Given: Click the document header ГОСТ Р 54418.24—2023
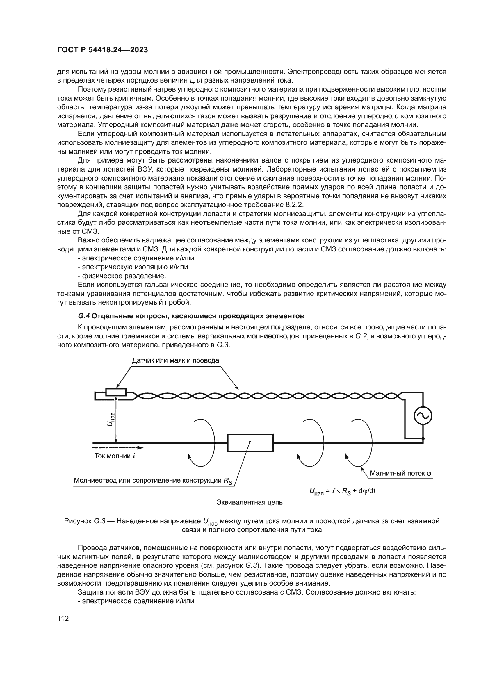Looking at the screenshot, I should (102, 50).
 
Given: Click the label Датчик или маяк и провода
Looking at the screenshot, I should (175, 360).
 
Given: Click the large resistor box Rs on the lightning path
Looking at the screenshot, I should (250, 443).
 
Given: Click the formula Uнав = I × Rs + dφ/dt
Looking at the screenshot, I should (342, 491).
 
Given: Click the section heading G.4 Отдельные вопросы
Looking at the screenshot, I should (191, 316).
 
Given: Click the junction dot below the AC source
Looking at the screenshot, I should (423, 438).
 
